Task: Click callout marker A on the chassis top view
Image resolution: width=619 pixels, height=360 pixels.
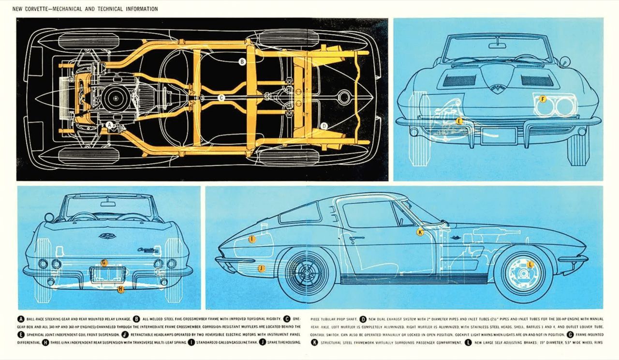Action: click(110, 125)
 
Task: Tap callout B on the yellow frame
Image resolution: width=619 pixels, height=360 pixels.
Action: click(242, 61)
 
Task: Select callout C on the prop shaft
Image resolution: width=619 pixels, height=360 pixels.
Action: click(221, 98)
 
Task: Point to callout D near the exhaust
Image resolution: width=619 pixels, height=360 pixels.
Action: click(324, 126)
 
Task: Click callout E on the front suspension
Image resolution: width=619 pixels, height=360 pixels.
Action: click(459, 121)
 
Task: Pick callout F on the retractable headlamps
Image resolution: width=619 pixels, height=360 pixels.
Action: click(543, 99)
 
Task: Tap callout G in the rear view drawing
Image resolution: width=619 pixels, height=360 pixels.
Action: click(104, 262)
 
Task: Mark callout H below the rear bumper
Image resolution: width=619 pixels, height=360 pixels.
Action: click(121, 289)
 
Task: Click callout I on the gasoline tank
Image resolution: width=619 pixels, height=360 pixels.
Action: click(252, 239)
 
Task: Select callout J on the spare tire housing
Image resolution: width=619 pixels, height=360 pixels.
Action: click(261, 268)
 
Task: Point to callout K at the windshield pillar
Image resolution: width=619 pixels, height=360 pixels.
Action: click(420, 232)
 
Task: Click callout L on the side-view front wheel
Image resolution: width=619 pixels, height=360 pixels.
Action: click(530, 264)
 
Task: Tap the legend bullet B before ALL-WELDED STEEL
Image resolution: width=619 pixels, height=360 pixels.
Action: click(137, 319)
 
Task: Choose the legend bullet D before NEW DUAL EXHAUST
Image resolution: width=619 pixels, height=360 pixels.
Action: click(363, 319)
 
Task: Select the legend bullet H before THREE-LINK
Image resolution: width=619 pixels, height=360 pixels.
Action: click(45, 343)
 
